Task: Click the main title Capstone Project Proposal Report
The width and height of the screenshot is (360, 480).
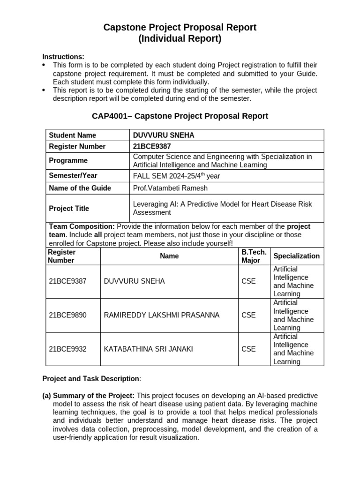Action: (x=180, y=27)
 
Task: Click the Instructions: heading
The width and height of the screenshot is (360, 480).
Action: (x=63, y=57)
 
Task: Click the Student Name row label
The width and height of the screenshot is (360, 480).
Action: (x=72, y=135)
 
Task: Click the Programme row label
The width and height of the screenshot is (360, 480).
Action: (x=68, y=160)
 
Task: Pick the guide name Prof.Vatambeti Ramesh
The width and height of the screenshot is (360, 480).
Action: (x=170, y=188)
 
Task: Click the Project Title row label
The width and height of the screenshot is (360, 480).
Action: (x=69, y=208)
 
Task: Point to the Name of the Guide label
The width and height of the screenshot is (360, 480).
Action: (x=80, y=188)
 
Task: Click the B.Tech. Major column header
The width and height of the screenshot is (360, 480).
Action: (x=254, y=256)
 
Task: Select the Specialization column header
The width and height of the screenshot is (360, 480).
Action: (x=296, y=256)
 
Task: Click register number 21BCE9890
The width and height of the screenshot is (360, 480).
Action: (x=67, y=315)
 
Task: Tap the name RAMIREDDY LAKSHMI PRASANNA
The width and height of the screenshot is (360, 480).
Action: (x=161, y=315)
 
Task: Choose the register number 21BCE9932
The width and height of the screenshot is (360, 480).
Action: (x=67, y=349)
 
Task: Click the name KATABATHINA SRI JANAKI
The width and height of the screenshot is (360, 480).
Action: (x=148, y=349)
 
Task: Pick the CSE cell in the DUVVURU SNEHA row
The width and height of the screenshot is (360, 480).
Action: (x=248, y=281)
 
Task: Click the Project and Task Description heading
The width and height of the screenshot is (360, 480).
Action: (x=91, y=378)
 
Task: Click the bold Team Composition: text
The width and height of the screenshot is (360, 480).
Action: (x=82, y=226)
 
